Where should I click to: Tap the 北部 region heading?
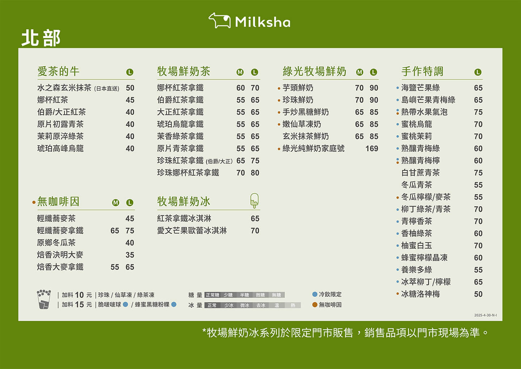tap(41, 38)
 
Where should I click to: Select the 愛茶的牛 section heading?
tap(58, 71)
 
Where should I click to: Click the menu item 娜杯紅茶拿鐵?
tap(180, 88)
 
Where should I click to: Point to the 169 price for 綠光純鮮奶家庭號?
tap(372, 149)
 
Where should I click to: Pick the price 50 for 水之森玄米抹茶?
tap(130, 88)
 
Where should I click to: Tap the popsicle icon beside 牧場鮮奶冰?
tap(255, 200)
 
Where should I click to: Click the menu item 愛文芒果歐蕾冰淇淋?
tap(192, 231)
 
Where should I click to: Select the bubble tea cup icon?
tap(43, 299)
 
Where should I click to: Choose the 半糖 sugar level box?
tap(244, 295)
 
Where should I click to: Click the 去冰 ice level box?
tap(261, 305)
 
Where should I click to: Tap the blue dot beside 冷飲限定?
tap(315, 294)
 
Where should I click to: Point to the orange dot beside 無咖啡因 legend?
tap(315, 305)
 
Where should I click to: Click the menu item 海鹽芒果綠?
tap(420, 88)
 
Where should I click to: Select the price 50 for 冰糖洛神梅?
tap(478, 294)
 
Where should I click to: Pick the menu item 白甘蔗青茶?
tap(420, 173)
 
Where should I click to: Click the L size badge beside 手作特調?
tap(478, 72)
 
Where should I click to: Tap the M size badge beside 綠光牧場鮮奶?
tap(360, 72)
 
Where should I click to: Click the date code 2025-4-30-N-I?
tap(485, 315)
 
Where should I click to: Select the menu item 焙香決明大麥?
tap(60, 255)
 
